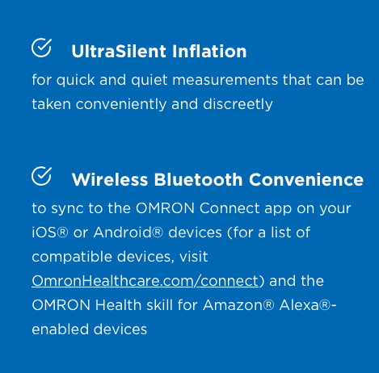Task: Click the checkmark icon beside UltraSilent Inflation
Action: coord(41,48)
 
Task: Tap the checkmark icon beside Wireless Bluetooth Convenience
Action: coord(41,176)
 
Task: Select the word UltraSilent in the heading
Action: coord(119,52)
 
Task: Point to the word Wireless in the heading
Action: coord(110,179)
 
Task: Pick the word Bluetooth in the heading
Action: coord(197,179)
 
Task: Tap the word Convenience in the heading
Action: coord(305,179)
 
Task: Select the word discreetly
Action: coord(239,104)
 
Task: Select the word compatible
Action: coord(69,257)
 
